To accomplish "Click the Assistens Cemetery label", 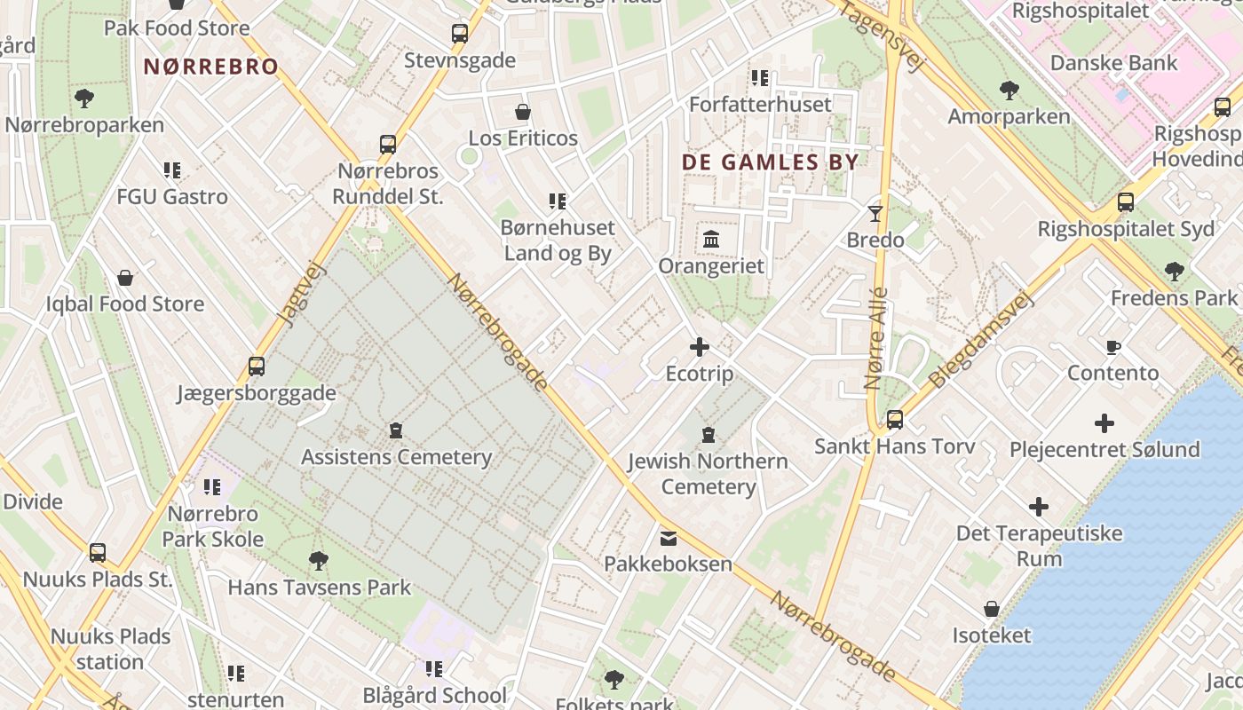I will click(396, 457).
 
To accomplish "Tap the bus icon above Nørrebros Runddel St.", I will click(388, 144).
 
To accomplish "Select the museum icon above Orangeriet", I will click(711, 240).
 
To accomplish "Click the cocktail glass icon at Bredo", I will click(875, 213).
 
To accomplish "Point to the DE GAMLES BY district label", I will click(770, 162).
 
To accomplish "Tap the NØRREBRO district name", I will click(211, 67).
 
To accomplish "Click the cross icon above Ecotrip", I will click(700, 346).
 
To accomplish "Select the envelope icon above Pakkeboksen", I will click(668, 538).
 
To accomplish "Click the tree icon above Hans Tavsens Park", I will click(319, 561).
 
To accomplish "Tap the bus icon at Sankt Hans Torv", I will click(895, 420).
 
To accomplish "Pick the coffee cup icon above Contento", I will click(1112, 347).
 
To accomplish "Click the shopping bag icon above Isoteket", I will click(992, 609).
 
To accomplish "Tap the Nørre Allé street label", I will click(875, 339).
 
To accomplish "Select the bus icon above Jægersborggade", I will click(257, 366).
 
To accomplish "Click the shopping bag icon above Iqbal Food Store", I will click(125, 278).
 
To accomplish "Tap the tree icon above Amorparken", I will click(1009, 90).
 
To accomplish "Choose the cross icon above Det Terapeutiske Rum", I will click(1039, 508).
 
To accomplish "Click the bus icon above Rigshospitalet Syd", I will click(1126, 202).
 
